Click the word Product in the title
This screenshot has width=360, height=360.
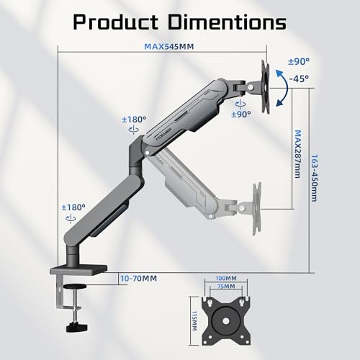pyautogui.click(x=115, y=22)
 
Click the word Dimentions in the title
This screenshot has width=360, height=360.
pyautogui.click(x=227, y=22)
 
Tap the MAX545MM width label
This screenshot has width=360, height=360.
pyautogui.click(x=169, y=46)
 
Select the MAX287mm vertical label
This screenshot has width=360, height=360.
pyautogui.click(x=297, y=154)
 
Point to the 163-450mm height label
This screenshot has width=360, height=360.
pyautogui.click(x=314, y=178)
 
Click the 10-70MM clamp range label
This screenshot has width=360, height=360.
pyautogui.click(x=139, y=279)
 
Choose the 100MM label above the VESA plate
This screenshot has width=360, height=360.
pyautogui.click(x=226, y=278)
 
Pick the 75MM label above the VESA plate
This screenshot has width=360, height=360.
pyautogui.click(x=226, y=286)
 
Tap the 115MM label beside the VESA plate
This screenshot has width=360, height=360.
pyautogui.click(x=194, y=321)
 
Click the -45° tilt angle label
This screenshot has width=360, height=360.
pyautogui.click(x=299, y=78)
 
